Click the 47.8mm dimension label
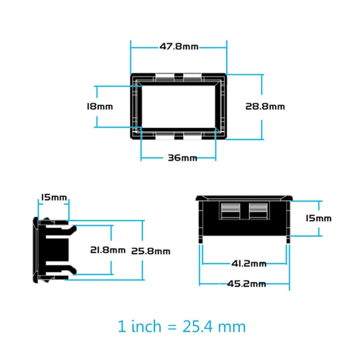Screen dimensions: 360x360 coord(179,46)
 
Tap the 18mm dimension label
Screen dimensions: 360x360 coord(99,107)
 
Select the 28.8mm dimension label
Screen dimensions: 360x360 coord(265,107)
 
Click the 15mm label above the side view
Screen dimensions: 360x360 coord(54,198)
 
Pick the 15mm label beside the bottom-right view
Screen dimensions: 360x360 coord(318,218)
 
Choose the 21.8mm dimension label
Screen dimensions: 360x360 coord(108,250)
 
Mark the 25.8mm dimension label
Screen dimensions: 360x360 coord(151,251)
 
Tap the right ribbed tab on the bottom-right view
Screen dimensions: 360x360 coord(259,211)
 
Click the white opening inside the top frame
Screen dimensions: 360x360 coord(179,107)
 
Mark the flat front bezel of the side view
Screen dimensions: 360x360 coord(36,250)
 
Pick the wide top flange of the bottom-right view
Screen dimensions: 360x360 coord(243,198)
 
